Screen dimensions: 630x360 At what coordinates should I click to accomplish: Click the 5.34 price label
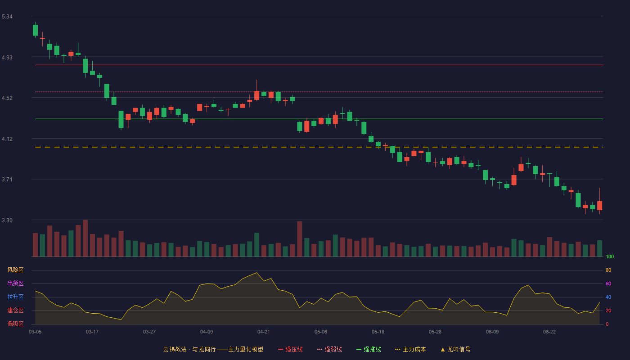point(7,17)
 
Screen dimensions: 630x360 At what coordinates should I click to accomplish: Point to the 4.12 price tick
point(7,139)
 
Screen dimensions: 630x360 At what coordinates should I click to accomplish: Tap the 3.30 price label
point(7,220)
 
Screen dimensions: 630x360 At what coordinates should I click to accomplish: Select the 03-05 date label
point(35,332)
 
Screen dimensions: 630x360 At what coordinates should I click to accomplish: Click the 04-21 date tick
point(264,332)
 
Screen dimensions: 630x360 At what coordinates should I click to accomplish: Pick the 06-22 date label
point(549,332)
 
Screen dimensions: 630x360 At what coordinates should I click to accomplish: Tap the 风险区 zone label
point(15,270)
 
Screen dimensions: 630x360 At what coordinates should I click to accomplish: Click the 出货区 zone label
point(15,283)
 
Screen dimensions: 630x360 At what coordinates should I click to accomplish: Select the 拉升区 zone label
point(15,297)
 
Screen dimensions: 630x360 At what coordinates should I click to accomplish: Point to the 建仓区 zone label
point(15,310)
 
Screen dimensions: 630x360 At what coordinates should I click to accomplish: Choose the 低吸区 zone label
point(15,324)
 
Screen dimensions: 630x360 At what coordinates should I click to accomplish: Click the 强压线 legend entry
point(290,349)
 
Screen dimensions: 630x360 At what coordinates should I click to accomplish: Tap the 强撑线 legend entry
point(369,349)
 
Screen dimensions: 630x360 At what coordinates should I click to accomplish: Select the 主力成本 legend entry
point(410,349)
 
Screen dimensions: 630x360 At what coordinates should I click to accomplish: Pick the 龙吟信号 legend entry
point(455,349)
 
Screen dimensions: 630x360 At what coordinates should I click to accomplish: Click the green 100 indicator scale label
point(610,256)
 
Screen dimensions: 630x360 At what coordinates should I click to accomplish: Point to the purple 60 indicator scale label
point(608,283)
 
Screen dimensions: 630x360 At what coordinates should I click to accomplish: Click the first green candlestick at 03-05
point(35,30)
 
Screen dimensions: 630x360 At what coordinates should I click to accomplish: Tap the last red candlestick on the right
point(599,205)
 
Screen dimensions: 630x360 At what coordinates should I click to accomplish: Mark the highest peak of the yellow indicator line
point(256,273)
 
